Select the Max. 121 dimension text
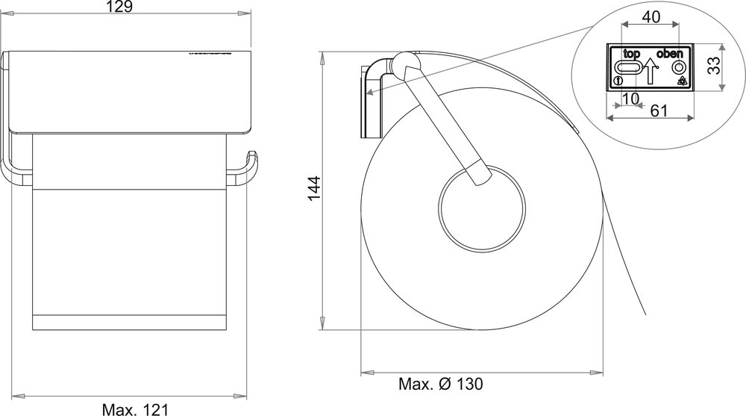[x=135, y=408]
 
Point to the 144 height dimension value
[x=314, y=190]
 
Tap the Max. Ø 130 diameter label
[x=440, y=385]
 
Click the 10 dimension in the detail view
[x=630, y=98]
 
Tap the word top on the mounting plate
[x=632, y=55]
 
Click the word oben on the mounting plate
[x=669, y=55]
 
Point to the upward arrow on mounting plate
[x=650, y=72]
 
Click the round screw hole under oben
[x=680, y=67]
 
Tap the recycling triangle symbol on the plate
[x=681, y=81]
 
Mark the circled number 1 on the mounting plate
[x=618, y=81]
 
